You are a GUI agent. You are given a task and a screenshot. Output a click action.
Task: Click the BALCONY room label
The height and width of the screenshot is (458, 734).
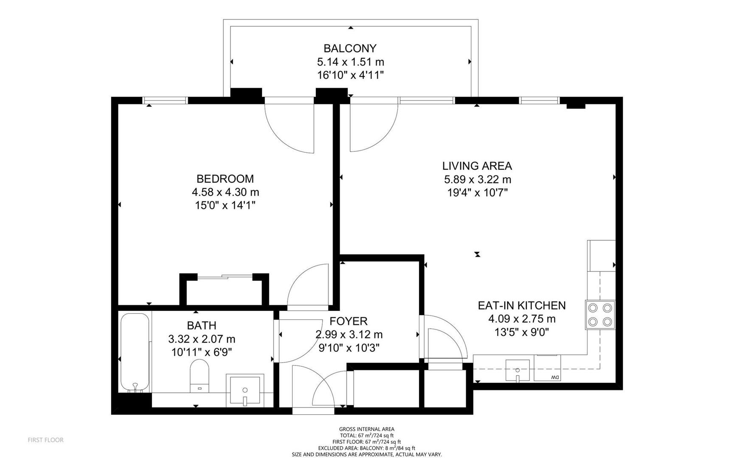[x=350, y=48]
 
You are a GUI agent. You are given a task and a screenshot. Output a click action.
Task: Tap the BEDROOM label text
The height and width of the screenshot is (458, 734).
[x=225, y=179]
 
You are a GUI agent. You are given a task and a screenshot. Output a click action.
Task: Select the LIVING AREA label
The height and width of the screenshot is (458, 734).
[x=477, y=166]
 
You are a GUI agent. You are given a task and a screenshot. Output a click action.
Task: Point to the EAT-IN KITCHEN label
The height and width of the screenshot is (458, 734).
[x=522, y=305]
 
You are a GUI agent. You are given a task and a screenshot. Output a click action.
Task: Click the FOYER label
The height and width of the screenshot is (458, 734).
[x=349, y=321]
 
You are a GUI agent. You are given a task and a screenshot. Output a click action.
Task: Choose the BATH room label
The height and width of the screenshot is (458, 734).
[x=202, y=325]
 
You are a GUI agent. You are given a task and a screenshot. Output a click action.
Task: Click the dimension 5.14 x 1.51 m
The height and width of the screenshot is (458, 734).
[x=351, y=62]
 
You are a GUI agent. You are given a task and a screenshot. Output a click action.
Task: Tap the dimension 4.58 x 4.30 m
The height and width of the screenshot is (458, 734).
[x=225, y=192]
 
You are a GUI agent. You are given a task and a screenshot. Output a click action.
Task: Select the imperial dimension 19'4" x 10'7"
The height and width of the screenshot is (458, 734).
[x=478, y=193]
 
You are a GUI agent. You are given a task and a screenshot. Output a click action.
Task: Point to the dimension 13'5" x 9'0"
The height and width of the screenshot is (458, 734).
[x=522, y=332]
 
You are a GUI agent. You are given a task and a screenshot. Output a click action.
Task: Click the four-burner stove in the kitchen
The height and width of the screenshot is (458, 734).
[x=600, y=315]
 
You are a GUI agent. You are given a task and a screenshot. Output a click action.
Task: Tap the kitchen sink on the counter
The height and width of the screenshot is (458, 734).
[x=517, y=371]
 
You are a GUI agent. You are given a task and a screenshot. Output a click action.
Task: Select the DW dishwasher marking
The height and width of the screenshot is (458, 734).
[x=554, y=377]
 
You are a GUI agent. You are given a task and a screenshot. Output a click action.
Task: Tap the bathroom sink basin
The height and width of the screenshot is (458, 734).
[x=245, y=390]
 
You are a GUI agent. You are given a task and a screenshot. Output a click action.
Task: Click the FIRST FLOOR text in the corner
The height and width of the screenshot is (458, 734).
[x=45, y=440]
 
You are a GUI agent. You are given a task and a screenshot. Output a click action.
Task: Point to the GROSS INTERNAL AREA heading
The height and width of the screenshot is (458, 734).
[x=367, y=429]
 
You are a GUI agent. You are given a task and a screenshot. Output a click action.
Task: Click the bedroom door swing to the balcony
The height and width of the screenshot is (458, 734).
[x=289, y=128]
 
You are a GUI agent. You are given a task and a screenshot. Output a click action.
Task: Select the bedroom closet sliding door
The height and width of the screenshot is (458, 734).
[x=225, y=277]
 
